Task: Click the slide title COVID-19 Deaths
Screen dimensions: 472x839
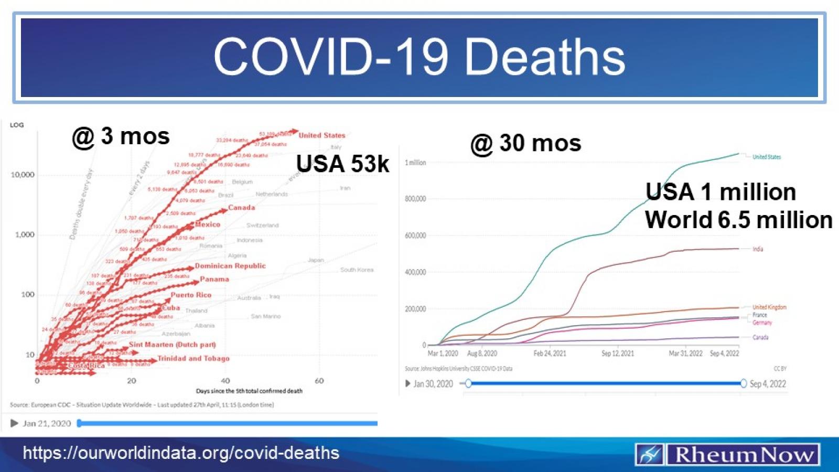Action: (x=419, y=57)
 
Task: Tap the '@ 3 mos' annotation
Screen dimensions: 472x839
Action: (x=121, y=136)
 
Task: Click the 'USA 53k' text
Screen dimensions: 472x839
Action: (x=342, y=164)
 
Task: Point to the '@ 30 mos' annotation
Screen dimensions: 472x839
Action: (x=526, y=143)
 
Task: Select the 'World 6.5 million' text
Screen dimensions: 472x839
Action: (x=738, y=220)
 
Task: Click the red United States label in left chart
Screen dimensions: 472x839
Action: (x=321, y=135)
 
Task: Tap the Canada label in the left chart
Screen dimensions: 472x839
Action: (x=241, y=208)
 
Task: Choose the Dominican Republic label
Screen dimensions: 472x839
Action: (x=230, y=266)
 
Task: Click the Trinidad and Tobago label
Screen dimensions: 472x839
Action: (x=193, y=359)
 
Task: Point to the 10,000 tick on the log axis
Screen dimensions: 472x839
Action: (x=23, y=175)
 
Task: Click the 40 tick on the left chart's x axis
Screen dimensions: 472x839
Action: (x=225, y=381)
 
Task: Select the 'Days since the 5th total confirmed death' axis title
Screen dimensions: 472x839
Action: (x=249, y=391)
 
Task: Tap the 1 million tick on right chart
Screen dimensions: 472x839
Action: (x=415, y=163)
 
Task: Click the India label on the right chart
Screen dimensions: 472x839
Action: (x=758, y=249)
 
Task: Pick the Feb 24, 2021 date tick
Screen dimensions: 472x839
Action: (x=550, y=353)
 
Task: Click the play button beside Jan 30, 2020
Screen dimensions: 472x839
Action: (x=408, y=384)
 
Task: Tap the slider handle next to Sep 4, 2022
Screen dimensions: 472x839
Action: (x=743, y=384)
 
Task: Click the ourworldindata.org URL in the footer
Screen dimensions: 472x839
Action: (x=181, y=453)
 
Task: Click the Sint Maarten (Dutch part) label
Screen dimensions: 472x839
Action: (x=172, y=345)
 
